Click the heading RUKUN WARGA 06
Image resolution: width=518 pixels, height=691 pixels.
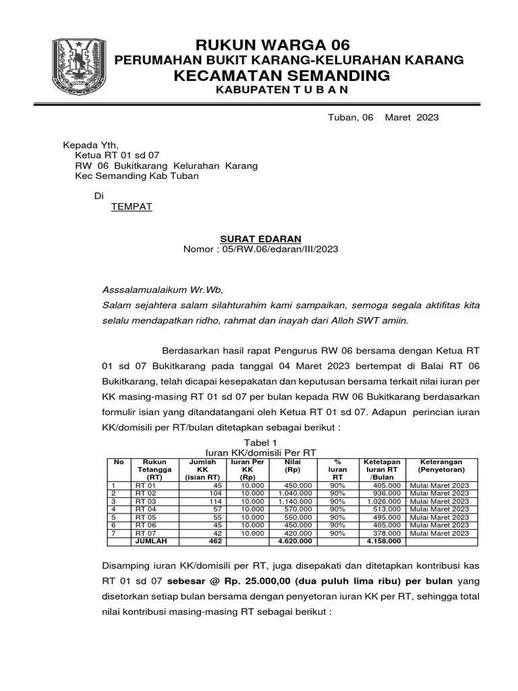tap(272, 45)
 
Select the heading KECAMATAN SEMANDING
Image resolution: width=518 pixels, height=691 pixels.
tap(282, 75)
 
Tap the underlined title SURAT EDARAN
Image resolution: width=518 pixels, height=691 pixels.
tap(261, 239)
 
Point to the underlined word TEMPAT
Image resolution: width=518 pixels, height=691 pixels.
tap(132, 206)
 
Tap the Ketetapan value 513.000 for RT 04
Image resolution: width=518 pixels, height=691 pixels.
tap(385, 509)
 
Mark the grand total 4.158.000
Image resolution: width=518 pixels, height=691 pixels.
tap(383, 541)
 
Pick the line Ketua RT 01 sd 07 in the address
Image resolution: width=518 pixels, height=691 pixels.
tap(117, 155)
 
